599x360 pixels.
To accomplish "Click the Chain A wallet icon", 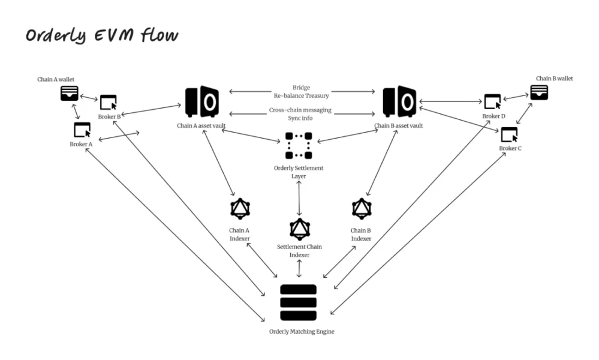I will point(70,93).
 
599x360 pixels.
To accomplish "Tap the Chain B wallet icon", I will point(538,92).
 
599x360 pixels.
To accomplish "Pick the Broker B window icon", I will point(108,102).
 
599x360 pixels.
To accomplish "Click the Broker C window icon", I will point(509,134).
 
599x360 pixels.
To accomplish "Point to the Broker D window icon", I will point(492,101).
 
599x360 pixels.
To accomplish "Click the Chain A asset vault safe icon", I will point(201,103).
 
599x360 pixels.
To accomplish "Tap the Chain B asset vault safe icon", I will point(399,103).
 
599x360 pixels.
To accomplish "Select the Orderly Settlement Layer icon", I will point(299,145).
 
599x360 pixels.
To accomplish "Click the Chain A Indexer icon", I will point(240,209).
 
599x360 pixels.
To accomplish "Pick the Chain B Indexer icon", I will point(361,209).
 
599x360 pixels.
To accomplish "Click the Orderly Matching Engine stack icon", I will point(298,302).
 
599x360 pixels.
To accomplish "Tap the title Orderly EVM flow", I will point(102,35).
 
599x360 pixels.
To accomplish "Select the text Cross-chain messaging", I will point(300,110).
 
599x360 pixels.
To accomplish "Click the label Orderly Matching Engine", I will point(298,331).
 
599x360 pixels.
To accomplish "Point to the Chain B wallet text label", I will point(554,79).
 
